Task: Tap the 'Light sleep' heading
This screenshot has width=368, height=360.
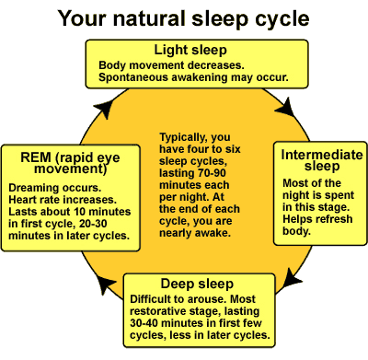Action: coord(190,50)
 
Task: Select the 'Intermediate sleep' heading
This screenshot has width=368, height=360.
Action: coord(322,160)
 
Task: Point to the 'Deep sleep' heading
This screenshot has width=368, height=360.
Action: coord(197,284)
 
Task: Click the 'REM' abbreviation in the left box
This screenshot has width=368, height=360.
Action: coord(35,157)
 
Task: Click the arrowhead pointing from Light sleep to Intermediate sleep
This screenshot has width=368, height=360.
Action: coord(286,108)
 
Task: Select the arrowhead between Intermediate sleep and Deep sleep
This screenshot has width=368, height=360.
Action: coord(292,278)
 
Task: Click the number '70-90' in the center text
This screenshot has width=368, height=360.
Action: coord(212,173)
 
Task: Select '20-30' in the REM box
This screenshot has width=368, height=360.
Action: coord(93,224)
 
